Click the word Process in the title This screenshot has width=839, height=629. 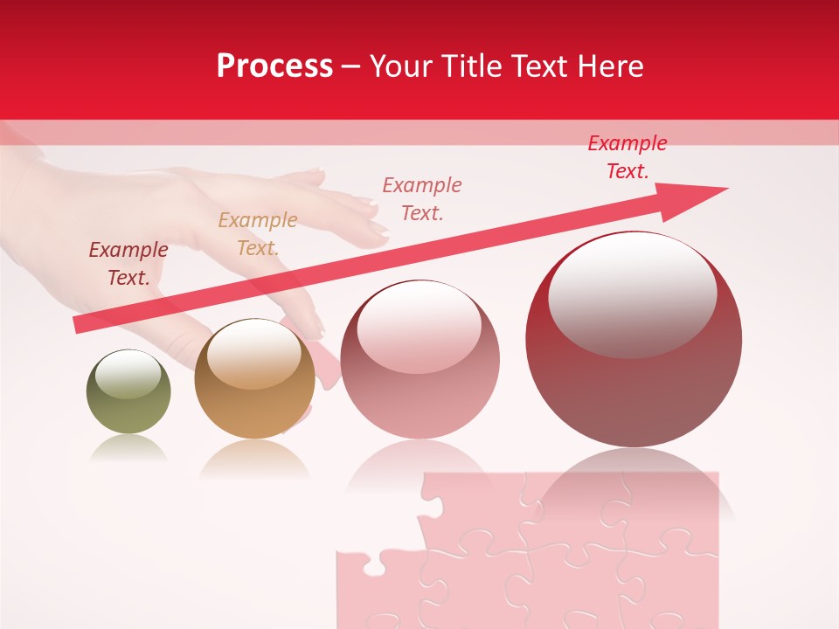click(x=274, y=66)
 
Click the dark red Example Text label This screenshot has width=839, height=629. click(x=128, y=263)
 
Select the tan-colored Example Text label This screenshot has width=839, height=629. click(x=257, y=233)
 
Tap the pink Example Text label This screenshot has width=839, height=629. click(x=422, y=198)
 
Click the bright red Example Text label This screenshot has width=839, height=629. click(x=628, y=156)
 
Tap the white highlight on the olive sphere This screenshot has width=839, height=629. click(x=128, y=375)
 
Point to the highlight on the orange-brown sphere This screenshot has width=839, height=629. click(x=253, y=354)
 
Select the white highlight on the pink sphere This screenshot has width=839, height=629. click(x=419, y=327)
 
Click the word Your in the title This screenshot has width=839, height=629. click(x=402, y=66)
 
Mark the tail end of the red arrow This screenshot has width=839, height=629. click(x=79, y=326)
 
